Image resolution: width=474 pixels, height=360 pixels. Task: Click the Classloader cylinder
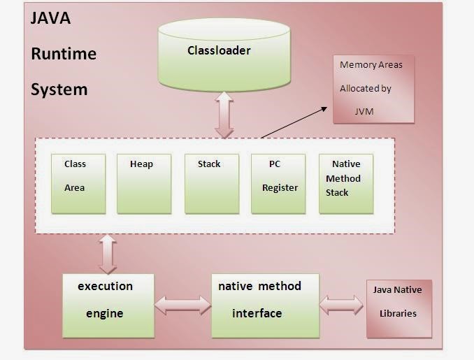click(224, 55)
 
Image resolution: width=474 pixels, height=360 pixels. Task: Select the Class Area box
click(78, 184)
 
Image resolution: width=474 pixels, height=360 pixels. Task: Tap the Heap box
click(144, 184)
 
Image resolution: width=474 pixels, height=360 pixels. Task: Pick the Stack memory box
click(212, 184)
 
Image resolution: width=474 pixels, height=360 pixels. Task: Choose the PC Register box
click(278, 184)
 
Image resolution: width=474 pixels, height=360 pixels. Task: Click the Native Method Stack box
click(346, 184)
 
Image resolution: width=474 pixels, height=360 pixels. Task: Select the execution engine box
click(108, 305)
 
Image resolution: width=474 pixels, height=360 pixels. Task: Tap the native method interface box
click(266, 305)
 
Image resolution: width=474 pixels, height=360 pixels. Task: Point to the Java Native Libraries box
click(399, 308)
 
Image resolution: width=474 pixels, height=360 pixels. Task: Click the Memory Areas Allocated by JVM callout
click(373, 89)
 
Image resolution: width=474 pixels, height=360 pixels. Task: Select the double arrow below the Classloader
click(224, 115)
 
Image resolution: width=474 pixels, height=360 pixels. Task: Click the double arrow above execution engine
click(108, 254)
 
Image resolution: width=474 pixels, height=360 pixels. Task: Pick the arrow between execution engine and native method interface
click(183, 305)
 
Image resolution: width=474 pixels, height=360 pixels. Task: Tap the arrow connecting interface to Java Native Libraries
click(341, 305)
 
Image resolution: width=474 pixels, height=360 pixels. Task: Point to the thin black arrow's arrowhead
click(324, 108)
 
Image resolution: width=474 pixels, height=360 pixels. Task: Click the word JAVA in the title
click(50, 18)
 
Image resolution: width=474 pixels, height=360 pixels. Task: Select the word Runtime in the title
click(64, 54)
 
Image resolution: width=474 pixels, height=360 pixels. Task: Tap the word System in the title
click(59, 89)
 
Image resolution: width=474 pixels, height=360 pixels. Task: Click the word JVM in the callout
click(364, 112)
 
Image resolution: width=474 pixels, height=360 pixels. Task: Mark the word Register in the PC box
click(280, 188)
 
